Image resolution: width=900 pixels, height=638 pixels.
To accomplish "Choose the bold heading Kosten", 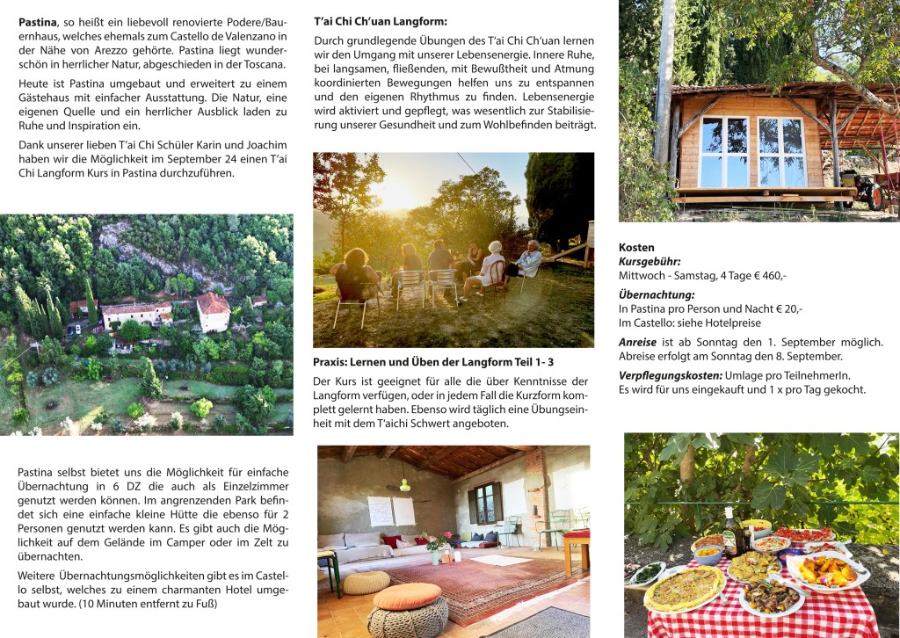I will pyautogui.click(x=636, y=248).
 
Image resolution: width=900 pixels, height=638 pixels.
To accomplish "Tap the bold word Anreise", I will pyautogui.click(x=637, y=342).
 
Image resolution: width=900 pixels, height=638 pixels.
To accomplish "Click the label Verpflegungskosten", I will pyautogui.click(x=671, y=375).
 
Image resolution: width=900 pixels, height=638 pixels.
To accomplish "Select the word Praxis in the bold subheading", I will pyautogui.click(x=332, y=361).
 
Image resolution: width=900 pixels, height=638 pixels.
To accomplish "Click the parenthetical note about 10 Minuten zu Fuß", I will pyautogui.click(x=154, y=604).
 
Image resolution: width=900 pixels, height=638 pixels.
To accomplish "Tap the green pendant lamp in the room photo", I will pyautogui.click(x=404, y=485).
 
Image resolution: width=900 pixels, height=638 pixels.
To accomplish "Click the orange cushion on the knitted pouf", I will pyautogui.click(x=407, y=596).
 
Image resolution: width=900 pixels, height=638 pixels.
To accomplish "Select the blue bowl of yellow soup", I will pyautogui.click(x=708, y=553).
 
